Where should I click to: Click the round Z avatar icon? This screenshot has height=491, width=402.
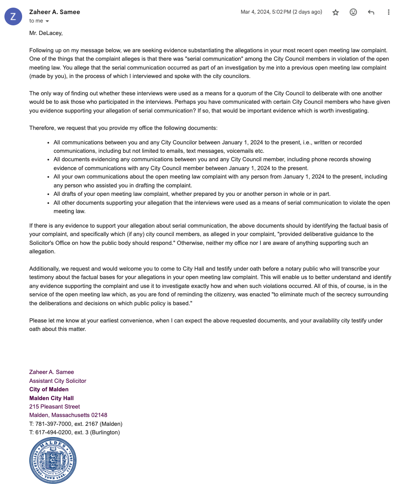[x=13, y=16]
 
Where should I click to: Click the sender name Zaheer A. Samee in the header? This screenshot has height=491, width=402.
[x=55, y=12]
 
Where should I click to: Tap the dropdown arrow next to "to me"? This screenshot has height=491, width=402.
[x=47, y=21]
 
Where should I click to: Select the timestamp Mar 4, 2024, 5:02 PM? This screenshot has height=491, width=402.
[x=281, y=12]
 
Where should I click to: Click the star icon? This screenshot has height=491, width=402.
[x=336, y=12]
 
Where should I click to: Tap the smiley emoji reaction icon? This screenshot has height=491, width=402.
[x=353, y=12]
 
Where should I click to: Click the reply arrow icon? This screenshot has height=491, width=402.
[x=371, y=12]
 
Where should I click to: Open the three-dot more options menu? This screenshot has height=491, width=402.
[x=388, y=12]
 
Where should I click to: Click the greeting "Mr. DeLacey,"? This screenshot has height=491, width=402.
[x=46, y=33]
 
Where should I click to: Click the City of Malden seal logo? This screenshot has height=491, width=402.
[x=53, y=460]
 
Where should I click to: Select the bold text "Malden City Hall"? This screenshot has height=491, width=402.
[x=52, y=398]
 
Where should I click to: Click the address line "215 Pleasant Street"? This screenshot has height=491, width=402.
[x=55, y=407]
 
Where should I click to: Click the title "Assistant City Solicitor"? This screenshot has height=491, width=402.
[x=58, y=381]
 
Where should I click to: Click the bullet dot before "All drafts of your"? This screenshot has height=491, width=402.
[x=48, y=194]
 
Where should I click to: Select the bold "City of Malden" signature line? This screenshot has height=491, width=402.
[x=49, y=389]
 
